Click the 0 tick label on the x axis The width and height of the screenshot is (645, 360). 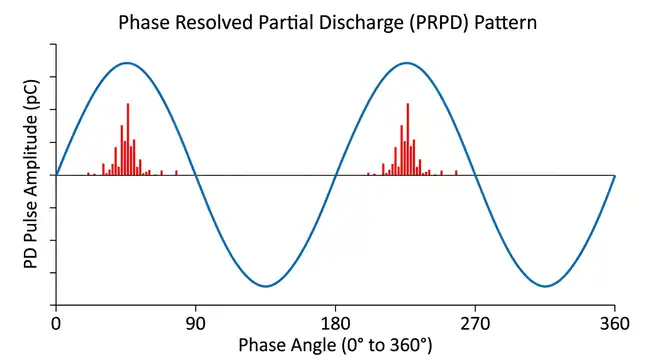56,324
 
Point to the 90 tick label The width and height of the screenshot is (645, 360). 196,324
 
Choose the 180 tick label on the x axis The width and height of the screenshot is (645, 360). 335,324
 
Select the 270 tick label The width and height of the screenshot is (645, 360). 475,324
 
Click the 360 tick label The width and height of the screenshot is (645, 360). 614,324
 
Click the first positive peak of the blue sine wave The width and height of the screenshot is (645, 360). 126,63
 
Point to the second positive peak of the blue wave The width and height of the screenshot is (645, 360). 405,63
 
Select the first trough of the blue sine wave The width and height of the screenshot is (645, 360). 265,286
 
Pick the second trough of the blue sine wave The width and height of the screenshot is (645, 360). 545,286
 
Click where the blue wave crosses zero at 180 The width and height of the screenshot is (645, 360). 335,175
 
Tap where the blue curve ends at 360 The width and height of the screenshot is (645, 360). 614,175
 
